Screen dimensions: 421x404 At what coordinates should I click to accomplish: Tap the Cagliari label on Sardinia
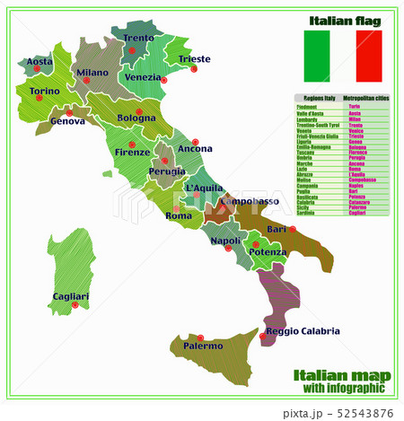coord(71,296)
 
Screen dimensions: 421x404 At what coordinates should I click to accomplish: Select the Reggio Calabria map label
coord(303,331)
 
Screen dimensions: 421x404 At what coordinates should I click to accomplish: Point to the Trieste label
coord(194,60)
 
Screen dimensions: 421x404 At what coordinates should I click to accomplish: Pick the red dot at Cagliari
coord(75,305)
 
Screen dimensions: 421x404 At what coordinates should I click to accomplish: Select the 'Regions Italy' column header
coord(317,98)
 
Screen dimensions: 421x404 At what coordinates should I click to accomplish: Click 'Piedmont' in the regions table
coord(307,107)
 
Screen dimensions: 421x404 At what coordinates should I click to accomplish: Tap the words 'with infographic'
coord(339,389)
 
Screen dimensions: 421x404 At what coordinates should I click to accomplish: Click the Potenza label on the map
coord(268,253)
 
